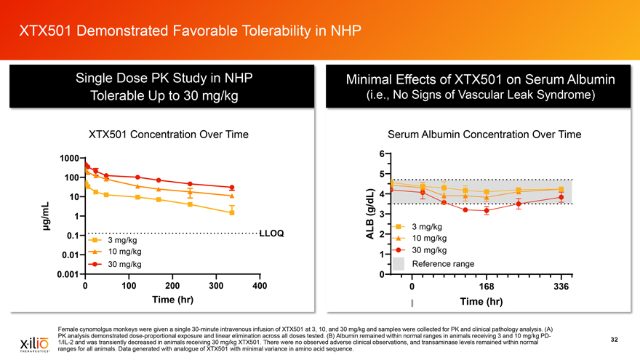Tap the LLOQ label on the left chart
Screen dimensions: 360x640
click(271, 233)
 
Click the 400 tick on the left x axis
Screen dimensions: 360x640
click(258, 285)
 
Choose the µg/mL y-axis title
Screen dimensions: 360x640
click(46, 217)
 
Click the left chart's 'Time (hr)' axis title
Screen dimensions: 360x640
click(172, 300)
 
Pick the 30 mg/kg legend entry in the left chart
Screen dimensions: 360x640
click(124, 263)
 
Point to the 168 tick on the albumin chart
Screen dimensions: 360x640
click(486, 286)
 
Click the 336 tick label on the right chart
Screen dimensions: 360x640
click(560, 286)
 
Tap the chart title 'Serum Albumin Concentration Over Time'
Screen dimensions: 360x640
click(485, 135)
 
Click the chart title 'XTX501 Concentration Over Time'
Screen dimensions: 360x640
click(169, 135)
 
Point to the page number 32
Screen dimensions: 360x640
click(614, 339)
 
